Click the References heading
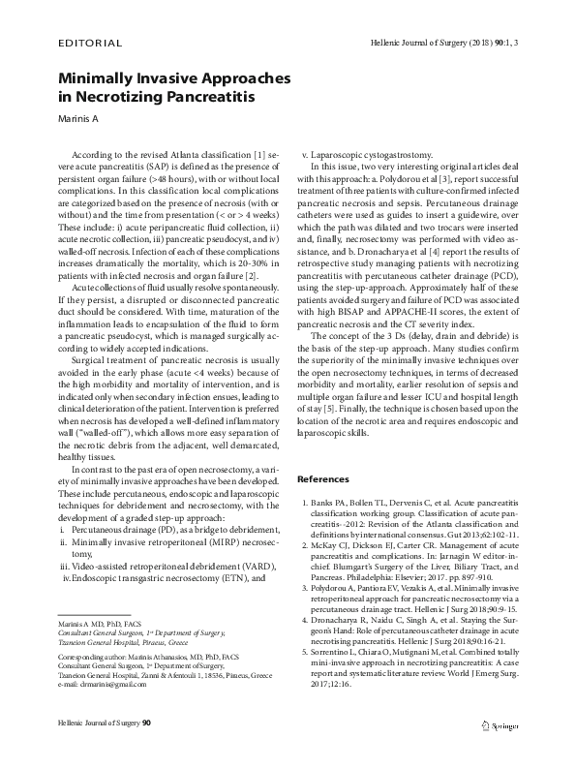323,478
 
